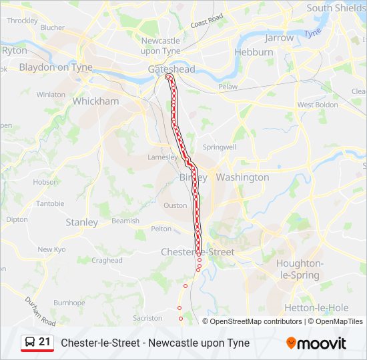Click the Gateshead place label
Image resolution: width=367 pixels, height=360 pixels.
(x=171, y=69)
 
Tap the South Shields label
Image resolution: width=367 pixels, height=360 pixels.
(x=336, y=8)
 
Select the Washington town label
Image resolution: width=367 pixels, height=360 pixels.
(x=243, y=177)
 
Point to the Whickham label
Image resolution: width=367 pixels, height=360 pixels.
(x=95, y=101)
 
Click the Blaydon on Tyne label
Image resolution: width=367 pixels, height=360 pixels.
(x=55, y=67)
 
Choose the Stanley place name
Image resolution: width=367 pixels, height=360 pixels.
(x=82, y=222)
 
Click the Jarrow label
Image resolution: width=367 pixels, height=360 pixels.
(x=279, y=38)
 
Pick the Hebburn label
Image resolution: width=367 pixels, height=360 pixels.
(x=254, y=51)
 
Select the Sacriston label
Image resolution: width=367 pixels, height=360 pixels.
(x=147, y=319)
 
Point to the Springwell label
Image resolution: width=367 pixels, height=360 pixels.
(x=220, y=147)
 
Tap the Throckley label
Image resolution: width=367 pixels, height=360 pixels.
(x=22, y=21)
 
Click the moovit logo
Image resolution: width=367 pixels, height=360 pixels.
(x=316, y=343)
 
